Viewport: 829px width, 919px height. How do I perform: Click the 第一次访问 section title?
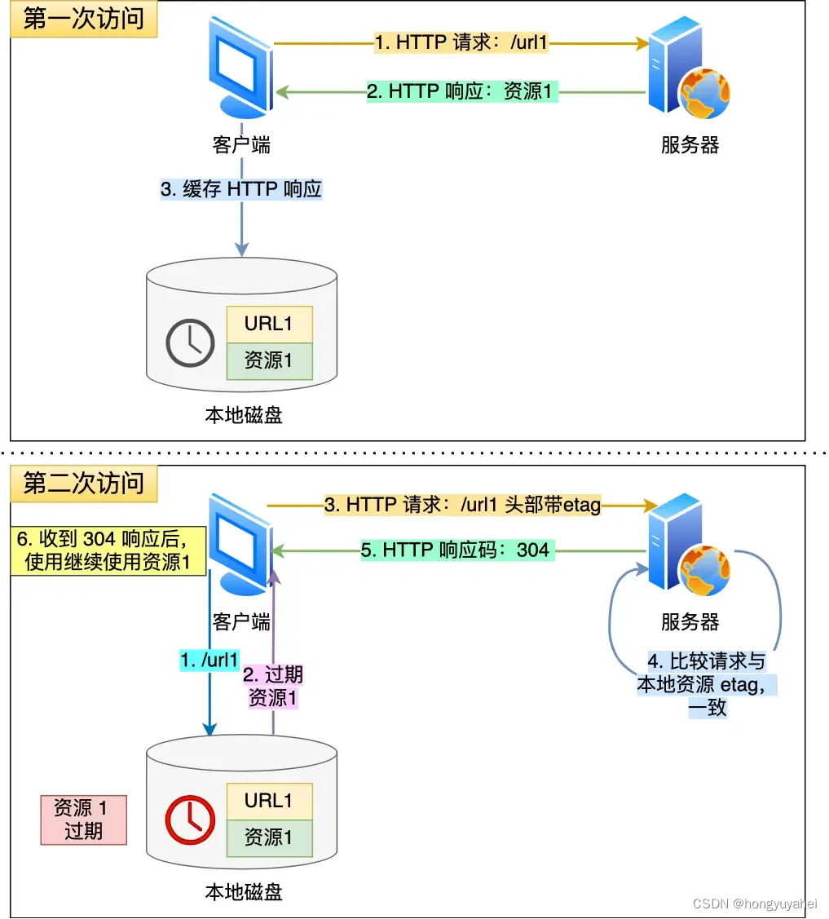click(83, 20)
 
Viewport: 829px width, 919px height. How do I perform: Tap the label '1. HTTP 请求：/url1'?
click(461, 42)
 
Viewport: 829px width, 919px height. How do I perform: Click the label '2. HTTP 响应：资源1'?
click(460, 91)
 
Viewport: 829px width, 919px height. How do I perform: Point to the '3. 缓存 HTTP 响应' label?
click(241, 190)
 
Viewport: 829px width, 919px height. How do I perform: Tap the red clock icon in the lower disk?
click(189, 819)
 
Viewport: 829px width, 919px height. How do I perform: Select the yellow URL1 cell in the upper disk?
click(269, 325)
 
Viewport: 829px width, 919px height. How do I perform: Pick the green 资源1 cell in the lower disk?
click(269, 837)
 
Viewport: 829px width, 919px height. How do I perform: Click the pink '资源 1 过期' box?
click(83, 819)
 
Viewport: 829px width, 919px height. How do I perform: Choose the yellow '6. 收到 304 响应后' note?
click(108, 550)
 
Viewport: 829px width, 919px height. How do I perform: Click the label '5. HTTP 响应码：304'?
click(455, 550)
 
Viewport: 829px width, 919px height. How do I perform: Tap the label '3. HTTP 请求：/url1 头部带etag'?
click(462, 506)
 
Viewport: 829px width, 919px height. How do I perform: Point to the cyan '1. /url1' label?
click(209, 660)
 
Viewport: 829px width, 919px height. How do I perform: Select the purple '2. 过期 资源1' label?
click(273, 686)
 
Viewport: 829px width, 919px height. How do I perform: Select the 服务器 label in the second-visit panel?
click(690, 622)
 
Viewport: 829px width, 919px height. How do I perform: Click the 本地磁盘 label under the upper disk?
click(243, 415)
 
